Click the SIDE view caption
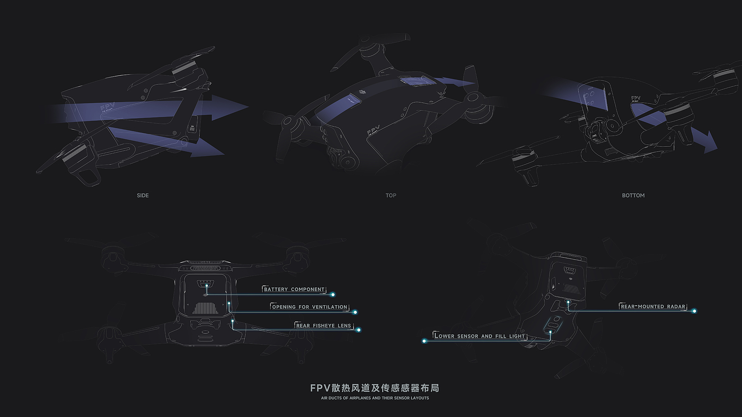(143, 196)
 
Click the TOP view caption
(391, 196)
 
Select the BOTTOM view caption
(633, 196)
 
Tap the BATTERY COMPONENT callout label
(294, 289)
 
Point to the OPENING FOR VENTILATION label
(310, 307)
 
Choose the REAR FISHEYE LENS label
(323, 325)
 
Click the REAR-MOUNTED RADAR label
(653, 306)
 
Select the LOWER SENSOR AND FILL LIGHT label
(480, 336)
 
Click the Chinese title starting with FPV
(374, 388)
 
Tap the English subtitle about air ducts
(375, 398)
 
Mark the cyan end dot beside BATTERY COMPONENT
(333, 294)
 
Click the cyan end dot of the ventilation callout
(355, 312)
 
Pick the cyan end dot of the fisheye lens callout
(359, 330)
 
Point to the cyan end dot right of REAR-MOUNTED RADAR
(694, 311)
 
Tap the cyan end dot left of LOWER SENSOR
(424, 341)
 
